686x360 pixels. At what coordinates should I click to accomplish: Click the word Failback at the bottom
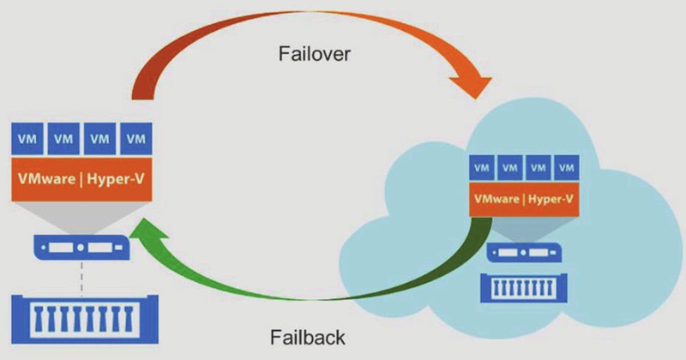(x=310, y=335)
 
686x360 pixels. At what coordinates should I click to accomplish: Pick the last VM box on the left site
(x=135, y=137)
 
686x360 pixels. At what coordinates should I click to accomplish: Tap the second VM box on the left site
(x=63, y=137)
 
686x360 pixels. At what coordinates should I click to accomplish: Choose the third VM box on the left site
(x=99, y=137)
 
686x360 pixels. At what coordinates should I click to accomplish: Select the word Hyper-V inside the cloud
(x=550, y=200)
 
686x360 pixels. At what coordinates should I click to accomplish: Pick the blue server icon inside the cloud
(x=522, y=254)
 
